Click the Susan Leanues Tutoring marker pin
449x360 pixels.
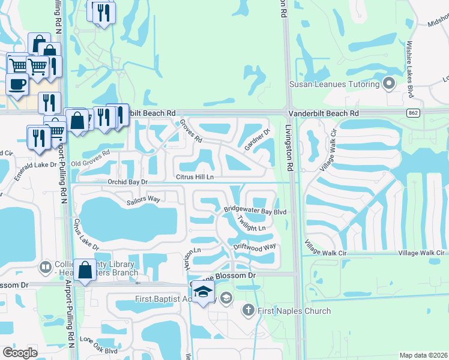pos(389,84)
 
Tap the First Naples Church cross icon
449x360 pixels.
pos(249,310)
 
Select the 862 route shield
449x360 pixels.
pos(412,112)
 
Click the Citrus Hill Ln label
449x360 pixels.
pos(194,177)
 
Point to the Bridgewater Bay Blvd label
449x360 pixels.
pos(256,212)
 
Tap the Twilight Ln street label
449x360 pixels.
pos(251,224)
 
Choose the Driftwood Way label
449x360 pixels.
pos(255,246)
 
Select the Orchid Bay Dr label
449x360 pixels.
pos(127,181)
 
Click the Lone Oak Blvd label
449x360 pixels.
pos(98,346)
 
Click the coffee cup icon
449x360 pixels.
pos(17,84)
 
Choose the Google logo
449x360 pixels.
pos(20,353)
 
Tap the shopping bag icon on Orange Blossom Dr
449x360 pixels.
pos(85,269)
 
